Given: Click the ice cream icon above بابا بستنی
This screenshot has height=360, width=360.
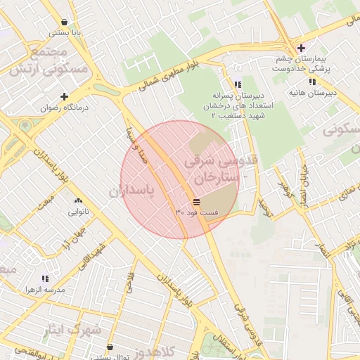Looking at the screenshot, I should pos(65,22).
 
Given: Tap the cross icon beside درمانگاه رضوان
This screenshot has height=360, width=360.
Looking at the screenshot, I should pos(65,96).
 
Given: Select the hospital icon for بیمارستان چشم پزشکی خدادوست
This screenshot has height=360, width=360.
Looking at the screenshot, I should pos(301,48).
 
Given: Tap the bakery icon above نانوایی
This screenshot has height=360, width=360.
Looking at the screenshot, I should pos(77,200).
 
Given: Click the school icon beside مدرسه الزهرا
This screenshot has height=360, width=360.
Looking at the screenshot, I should pos(45,278).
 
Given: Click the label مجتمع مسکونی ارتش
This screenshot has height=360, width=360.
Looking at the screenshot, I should pos(49,61).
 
